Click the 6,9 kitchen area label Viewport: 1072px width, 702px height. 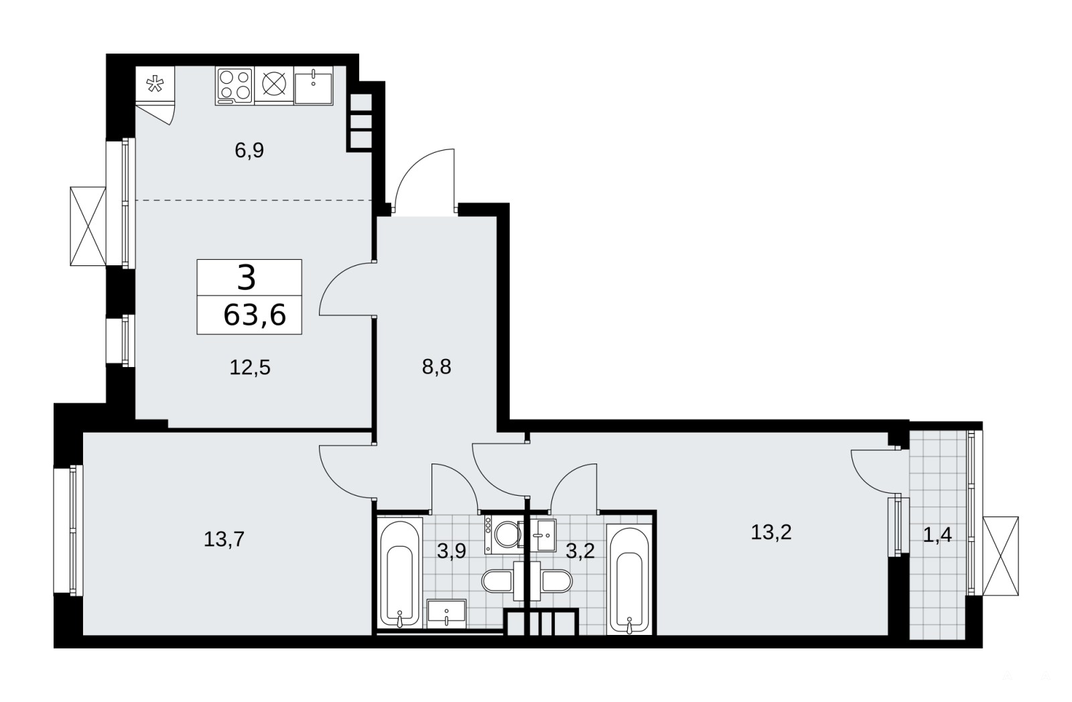249,151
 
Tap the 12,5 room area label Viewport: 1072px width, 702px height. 250,368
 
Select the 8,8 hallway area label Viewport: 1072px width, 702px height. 436,367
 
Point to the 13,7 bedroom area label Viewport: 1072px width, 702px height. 224,539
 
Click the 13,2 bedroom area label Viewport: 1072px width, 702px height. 771,532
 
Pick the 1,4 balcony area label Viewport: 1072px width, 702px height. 937,536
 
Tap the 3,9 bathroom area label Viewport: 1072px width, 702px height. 452,551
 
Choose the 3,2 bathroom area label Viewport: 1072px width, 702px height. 580,551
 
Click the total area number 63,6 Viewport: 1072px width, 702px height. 255,315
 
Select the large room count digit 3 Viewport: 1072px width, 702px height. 247,278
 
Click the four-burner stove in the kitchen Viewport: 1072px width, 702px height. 234,86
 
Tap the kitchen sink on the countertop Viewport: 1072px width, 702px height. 314,86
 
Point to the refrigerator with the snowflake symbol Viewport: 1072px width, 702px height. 155,84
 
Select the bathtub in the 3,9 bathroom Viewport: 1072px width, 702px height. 399,573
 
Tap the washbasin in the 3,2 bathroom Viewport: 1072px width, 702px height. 544,535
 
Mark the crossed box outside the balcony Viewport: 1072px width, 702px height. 1000,555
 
